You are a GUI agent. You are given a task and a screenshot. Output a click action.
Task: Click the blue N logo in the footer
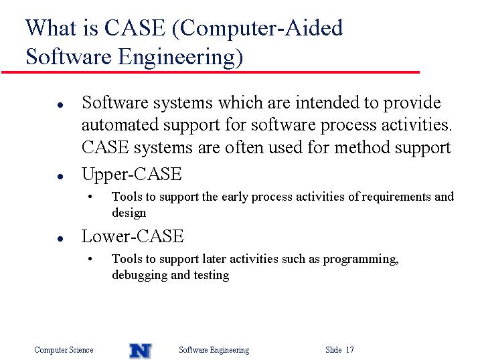141,351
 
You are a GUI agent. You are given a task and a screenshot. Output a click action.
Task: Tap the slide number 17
350,349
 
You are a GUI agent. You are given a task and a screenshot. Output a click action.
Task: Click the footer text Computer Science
64,350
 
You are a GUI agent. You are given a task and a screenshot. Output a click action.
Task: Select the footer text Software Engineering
214,350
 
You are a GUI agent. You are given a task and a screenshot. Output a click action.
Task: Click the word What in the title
51,27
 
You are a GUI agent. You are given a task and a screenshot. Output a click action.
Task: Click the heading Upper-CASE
132,175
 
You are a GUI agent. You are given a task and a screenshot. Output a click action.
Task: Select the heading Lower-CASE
133,236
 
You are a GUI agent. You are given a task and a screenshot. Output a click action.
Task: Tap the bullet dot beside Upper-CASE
60,177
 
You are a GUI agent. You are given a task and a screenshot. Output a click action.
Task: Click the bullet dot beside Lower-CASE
60,239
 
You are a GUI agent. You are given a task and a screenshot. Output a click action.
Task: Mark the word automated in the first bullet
120,124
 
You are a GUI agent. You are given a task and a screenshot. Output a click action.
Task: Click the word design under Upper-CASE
129,213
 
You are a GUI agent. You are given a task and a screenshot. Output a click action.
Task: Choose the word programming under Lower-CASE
361,260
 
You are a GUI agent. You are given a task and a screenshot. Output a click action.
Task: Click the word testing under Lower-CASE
212,275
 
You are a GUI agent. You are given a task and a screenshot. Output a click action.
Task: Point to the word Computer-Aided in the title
257,28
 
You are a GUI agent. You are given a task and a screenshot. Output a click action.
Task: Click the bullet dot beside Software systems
60,105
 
